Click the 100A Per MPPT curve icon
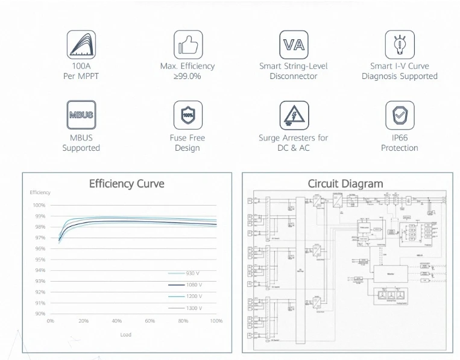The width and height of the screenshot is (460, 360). (x=81, y=45)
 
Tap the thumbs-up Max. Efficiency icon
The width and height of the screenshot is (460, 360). (x=187, y=45)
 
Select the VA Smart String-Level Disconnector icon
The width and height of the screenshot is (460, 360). (x=294, y=45)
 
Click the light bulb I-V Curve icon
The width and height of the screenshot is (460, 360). (x=399, y=45)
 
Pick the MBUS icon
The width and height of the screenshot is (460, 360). (x=81, y=115)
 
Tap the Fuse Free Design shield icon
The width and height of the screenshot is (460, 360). (x=187, y=115)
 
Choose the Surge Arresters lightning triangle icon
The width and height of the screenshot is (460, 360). (x=294, y=115)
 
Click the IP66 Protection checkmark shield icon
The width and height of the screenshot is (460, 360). (x=399, y=115)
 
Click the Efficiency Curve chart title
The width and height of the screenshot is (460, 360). (x=127, y=184)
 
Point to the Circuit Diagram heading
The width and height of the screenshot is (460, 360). (x=345, y=184)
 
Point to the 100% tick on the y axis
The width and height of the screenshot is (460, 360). (x=39, y=206)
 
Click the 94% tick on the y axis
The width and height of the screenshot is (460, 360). (x=39, y=270)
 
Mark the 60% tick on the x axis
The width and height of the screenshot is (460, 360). (x=150, y=321)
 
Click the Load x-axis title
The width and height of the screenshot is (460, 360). (x=126, y=335)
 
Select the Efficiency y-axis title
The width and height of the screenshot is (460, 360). (x=40, y=192)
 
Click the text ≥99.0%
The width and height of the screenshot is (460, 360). (x=187, y=77)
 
